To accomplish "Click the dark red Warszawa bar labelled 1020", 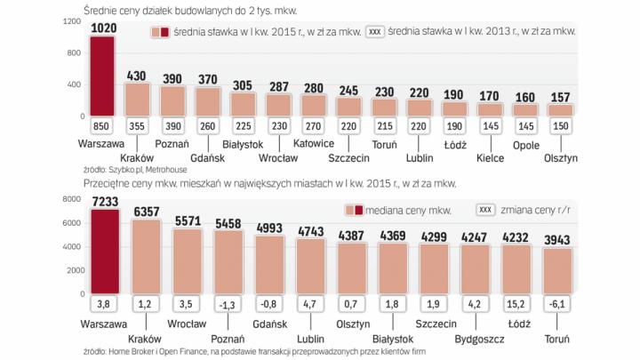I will tap(102, 78).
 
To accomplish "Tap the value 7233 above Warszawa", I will tap(102, 204).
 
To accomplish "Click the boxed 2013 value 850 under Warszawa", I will tap(102, 126).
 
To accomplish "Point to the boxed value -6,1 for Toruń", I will tap(556, 305).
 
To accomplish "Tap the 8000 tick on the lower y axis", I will tap(75, 202).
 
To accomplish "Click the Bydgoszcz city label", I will tap(474, 338).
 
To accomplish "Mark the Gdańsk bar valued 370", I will tap(208, 101).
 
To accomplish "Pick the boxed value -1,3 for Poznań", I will tap(226, 305).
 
